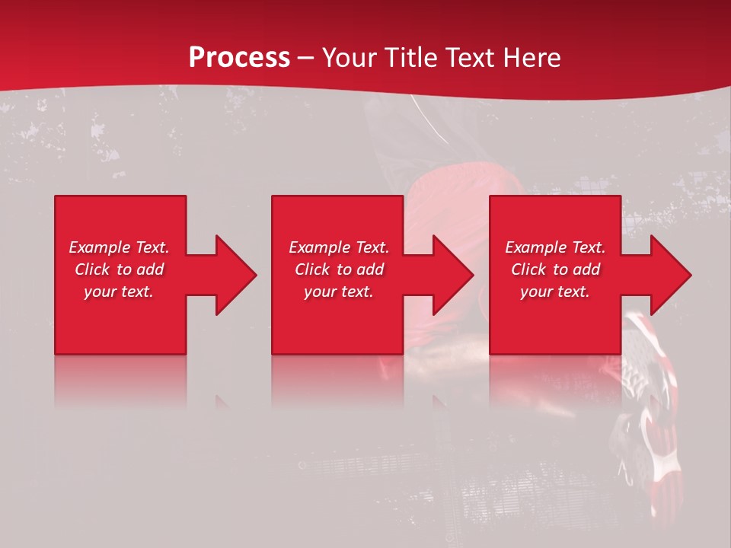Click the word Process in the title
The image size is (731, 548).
[x=239, y=58]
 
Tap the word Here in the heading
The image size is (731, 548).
[x=532, y=58]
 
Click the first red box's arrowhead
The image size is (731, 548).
[x=233, y=275]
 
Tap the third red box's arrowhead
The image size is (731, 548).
[x=669, y=275]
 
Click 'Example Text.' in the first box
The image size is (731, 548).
[x=119, y=247]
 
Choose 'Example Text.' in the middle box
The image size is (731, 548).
[x=339, y=247]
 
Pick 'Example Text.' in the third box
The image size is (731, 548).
[x=555, y=247]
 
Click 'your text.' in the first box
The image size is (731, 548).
[x=119, y=292]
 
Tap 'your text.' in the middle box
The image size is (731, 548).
[x=339, y=292]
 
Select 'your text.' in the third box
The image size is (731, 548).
[x=555, y=292]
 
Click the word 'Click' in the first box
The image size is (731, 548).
[x=92, y=269]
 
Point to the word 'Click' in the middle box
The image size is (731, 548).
[x=312, y=269]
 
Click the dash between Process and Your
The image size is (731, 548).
[x=305, y=59]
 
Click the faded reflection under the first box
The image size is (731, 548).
[x=120, y=381]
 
